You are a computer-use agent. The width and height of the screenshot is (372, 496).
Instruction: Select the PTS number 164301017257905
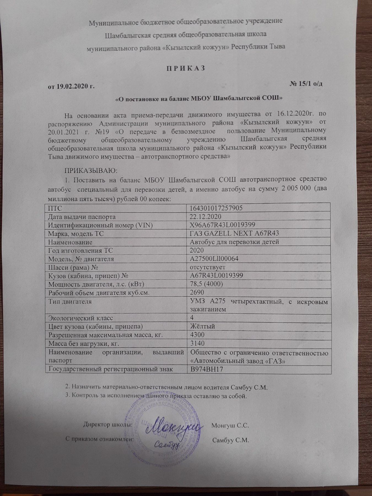point(216,208)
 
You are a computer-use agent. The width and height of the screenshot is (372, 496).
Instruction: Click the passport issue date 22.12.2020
point(206,217)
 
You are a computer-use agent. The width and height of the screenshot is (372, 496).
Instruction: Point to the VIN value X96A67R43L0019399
point(222,225)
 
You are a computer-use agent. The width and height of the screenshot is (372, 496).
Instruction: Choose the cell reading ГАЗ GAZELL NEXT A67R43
point(234,233)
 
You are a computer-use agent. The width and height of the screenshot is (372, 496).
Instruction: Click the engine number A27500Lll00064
point(214,259)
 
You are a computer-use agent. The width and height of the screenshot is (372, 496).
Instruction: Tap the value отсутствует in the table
point(208,267)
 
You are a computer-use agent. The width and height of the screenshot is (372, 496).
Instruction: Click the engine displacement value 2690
point(197,292)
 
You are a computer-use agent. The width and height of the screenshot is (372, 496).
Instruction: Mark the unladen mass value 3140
point(197,343)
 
